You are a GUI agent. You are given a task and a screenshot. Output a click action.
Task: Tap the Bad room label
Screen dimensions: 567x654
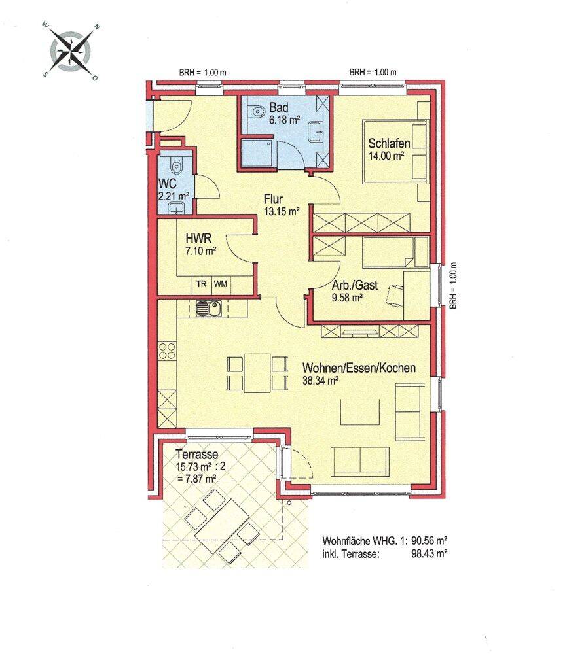pos(278,107)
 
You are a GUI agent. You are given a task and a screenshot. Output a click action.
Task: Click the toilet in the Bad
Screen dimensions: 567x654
pos(257,111)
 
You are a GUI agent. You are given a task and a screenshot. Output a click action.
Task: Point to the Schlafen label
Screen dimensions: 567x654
pos(389,143)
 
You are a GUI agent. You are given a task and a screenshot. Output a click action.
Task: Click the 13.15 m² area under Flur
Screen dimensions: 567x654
pos(282,211)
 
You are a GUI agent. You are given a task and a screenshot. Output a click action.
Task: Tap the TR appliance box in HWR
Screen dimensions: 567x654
pos(202,284)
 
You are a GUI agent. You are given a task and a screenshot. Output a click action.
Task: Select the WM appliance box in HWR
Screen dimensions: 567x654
pos(221,284)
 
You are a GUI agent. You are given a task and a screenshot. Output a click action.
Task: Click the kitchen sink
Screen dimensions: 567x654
pos(209,309)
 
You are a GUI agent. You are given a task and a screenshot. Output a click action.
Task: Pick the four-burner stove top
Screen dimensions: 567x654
pos(166,351)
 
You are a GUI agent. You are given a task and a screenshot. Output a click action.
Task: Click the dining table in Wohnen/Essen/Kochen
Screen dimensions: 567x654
pos(257,373)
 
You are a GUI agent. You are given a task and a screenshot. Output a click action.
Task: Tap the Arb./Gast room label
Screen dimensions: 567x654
pos(354,285)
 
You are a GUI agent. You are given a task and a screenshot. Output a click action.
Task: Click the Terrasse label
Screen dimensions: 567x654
pos(196,454)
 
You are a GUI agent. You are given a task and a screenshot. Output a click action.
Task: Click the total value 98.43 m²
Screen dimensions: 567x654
pos(430,554)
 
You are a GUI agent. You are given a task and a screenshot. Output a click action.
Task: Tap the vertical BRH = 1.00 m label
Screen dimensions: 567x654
pos(454,286)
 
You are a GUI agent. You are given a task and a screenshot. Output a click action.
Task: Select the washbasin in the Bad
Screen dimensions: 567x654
pos(316,132)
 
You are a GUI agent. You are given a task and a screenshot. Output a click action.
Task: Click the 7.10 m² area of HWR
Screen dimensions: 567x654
pos(201,251)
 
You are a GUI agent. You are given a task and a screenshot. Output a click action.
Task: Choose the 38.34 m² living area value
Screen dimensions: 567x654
pos(320,381)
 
